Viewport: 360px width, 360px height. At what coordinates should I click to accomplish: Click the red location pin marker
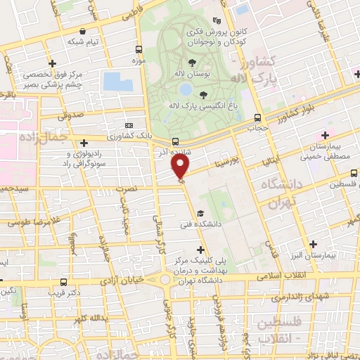click(181, 166)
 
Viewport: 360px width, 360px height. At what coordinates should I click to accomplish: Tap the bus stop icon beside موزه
click(139, 50)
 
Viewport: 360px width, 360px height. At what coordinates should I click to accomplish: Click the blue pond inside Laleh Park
click(184, 90)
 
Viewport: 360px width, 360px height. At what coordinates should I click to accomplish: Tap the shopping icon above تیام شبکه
click(84, 31)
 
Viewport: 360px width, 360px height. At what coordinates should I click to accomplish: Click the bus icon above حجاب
click(257, 117)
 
